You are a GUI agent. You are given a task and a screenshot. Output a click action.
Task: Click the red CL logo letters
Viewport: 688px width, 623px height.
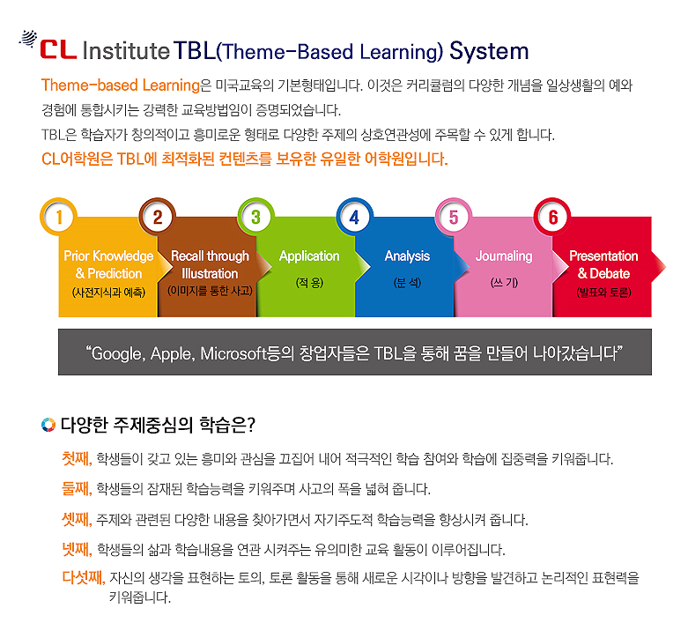click(x=58, y=50)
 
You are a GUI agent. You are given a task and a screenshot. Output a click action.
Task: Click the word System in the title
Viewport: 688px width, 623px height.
click(x=489, y=51)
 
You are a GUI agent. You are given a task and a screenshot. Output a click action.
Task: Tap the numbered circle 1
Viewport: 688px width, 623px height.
click(x=59, y=217)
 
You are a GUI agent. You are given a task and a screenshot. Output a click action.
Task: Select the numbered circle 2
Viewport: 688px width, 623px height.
click(x=158, y=217)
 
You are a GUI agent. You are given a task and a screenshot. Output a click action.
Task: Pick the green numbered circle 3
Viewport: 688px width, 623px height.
click(x=256, y=217)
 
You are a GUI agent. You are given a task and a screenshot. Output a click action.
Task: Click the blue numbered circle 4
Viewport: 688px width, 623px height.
click(x=355, y=217)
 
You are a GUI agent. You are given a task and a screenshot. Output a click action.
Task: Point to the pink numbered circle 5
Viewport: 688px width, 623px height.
click(x=454, y=217)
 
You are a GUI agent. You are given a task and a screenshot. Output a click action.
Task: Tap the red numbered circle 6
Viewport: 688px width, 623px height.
click(x=552, y=217)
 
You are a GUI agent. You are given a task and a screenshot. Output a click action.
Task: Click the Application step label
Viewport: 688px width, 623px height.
click(x=309, y=256)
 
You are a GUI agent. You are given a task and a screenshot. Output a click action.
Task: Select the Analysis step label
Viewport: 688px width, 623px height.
click(x=407, y=256)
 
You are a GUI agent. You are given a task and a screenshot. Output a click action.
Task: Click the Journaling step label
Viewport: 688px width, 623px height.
click(x=504, y=256)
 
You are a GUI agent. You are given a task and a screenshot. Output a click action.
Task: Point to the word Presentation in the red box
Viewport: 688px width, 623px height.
click(x=603, y=256)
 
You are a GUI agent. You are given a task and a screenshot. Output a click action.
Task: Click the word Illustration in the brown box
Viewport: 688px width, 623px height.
click(x=210, y=273)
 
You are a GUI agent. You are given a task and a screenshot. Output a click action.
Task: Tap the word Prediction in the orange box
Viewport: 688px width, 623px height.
click(x=115, y=273)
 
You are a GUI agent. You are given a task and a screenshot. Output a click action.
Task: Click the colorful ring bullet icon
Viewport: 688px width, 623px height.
click(x=48, y=425)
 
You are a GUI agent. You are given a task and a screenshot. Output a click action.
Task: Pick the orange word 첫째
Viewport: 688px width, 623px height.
click(x=77, y=459)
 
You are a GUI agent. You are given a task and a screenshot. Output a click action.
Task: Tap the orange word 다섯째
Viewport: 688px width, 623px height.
click(x=84, y=577)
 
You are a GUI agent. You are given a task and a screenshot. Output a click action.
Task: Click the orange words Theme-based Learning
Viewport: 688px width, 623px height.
click(x=121, y=85)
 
